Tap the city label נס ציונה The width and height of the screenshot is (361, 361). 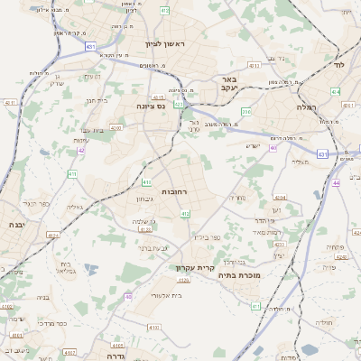click(149, 106)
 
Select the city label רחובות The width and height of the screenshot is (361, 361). click(172, 192)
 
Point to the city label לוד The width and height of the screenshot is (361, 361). click(339, 67)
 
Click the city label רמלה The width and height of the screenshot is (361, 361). click(308, 106)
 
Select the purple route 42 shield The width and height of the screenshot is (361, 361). click(81, 150)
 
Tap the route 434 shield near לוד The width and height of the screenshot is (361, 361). click(336, 91)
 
